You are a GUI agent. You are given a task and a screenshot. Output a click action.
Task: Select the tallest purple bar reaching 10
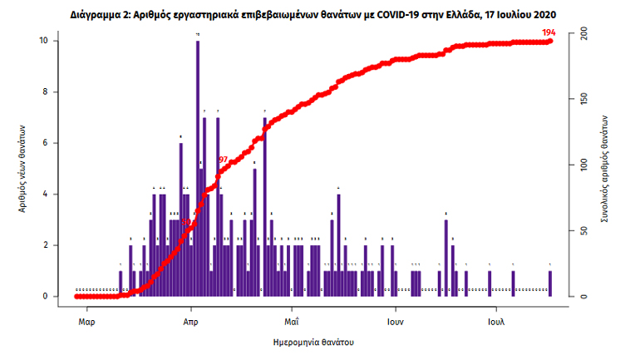(197, 166)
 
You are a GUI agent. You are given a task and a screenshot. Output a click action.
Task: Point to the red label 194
(548, 32)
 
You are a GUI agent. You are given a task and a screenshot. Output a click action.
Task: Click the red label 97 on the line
(223, 159)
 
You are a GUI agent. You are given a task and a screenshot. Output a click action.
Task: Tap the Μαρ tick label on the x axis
(86, 319)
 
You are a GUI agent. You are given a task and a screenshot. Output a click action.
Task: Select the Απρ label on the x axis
(190, 319)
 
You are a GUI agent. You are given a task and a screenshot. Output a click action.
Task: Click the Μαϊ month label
(291, 319)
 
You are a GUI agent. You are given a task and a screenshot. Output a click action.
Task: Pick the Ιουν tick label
(394, 319)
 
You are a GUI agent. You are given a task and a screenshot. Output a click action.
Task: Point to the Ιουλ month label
(496, 319)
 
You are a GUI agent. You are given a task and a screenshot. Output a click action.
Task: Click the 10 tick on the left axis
(53, 41)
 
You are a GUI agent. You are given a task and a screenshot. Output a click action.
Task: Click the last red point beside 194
(550, 41)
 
